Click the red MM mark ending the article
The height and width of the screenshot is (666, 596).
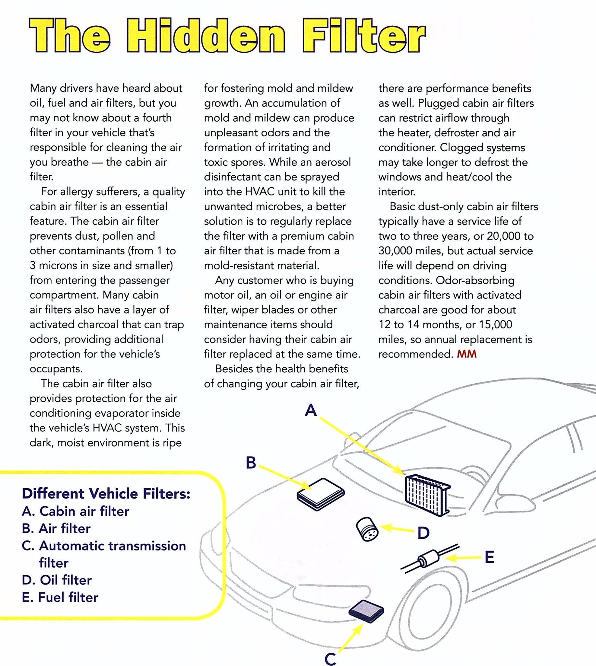(x=467, y=354)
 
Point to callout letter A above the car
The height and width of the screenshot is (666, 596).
(x=311, y=410)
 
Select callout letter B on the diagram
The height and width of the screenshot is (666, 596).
(x=251, y=463)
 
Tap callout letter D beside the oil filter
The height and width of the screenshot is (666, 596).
(x=424, y=533)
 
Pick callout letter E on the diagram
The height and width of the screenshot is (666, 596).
(x=489, y=557)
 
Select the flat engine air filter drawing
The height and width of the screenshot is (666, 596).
(x=321, y=494)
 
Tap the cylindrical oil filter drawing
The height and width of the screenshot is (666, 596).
(x=367, y=529)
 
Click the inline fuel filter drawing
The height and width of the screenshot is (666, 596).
(x=429, y=559)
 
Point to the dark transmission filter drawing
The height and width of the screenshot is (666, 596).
(x=366, y=611)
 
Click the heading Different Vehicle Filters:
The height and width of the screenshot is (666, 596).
(x=106, y=494)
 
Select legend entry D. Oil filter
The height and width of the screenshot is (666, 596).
(x=57, y=580)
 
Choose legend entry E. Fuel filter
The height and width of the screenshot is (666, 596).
(x=60, y=597)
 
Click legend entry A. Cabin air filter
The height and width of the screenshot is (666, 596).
(x=76, y=511)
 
